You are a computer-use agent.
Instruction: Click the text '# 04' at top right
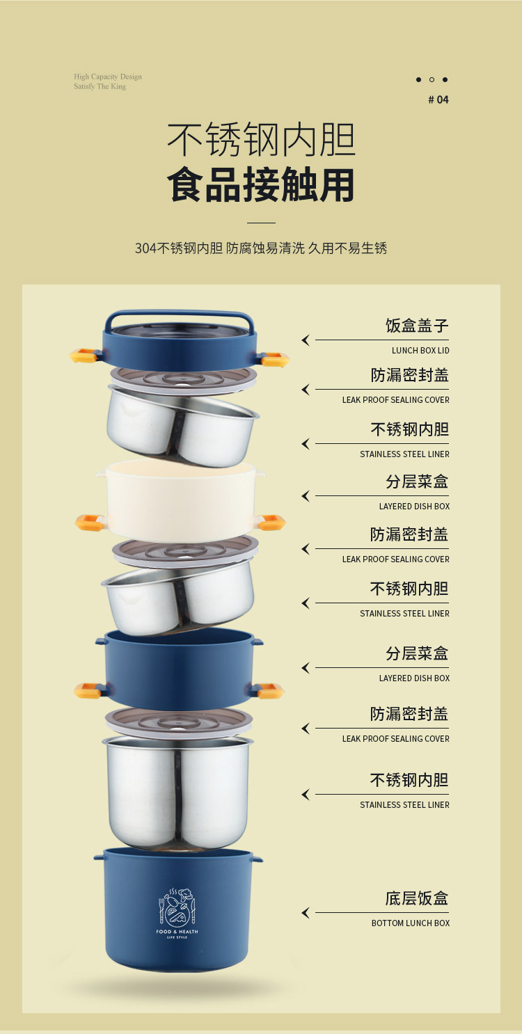(438, 100)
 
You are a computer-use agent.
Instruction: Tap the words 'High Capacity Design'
(107, 77)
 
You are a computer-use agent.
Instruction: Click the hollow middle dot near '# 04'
(432, 79)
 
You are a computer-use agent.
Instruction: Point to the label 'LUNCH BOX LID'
(420, 351)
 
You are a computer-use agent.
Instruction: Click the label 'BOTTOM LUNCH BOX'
(410, 923)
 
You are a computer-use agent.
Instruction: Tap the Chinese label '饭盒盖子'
(417, 326)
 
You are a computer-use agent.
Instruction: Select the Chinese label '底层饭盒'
(417, 898)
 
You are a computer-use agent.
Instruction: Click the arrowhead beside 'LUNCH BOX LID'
(306, 340)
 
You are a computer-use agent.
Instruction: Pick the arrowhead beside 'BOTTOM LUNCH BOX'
(306, 913)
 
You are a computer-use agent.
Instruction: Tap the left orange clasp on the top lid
(83, 357)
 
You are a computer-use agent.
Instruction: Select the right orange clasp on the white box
(271, 522)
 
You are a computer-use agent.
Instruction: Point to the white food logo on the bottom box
(177, 907)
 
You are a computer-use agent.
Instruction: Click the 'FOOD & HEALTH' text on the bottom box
(177, 932)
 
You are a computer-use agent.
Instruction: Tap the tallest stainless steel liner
(177, 793)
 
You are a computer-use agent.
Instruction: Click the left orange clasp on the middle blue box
(88, 690)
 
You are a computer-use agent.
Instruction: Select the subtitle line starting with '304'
(261, 248)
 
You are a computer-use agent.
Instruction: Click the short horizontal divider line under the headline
(261, 223)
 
